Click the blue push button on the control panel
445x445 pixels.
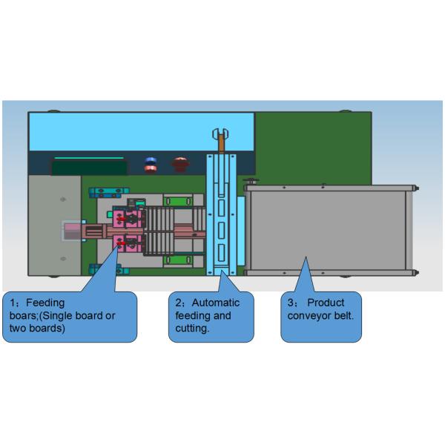[x=150, y=163]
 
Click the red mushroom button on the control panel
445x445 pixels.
[x=179, y=163]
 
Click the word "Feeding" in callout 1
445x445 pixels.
[x=46, y=303]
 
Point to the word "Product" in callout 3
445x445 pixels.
[x=326, y=303]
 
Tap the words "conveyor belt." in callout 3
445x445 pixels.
[x=320, y=315]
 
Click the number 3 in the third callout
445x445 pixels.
[x=290, y=303]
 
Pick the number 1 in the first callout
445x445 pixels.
[x=13, y=303]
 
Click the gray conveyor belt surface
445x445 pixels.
[x=326, y=230]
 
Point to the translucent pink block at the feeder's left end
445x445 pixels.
[x=73, y=231]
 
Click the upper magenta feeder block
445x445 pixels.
[x=126, y=219]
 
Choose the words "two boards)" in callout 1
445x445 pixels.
[x=37, y=329]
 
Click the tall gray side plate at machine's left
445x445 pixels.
[x=54, y=222]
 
